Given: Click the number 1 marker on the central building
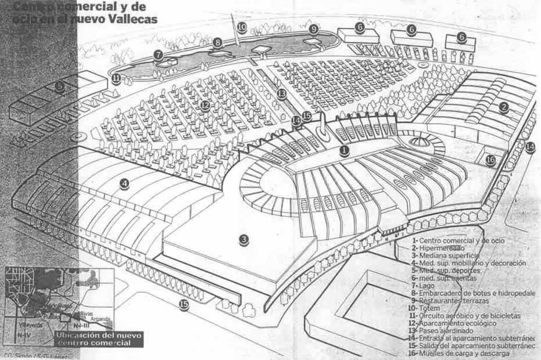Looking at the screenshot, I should point(344,150).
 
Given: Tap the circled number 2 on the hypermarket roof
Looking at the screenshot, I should point(504,106).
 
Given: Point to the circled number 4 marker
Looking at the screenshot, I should point(124,183).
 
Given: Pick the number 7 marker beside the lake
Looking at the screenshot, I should point(158,54).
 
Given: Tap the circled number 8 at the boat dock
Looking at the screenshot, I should point(217,42).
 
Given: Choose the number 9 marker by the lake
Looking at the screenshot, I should point(314,28).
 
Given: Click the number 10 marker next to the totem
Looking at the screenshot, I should point(242,27).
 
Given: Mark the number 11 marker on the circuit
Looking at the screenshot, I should point(116,78).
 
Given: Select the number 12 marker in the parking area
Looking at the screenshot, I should point(205,105).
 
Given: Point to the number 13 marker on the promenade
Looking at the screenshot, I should point(282,93).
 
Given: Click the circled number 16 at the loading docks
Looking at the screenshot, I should point(490,159).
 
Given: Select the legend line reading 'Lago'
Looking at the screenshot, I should point(425,286).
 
